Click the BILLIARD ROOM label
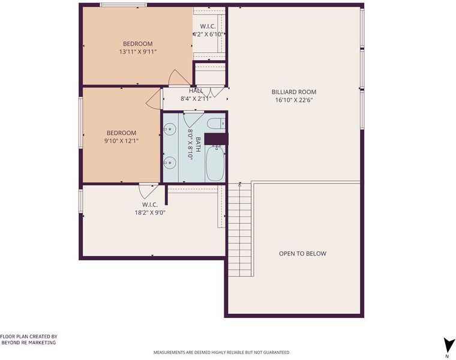tap(294, 92)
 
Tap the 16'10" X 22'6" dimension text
tap(294, 100)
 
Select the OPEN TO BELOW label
tap(302, 254)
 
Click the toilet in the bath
tap(217, 124)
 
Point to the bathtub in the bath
tap(215, 163)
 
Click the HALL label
tap(196, 91)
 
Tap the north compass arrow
tap(448, 346)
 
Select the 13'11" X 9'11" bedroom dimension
tap(138, 52)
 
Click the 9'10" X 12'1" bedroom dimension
tap(121, 141)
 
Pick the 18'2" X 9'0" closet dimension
tap(150, 212)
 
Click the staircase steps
tap(239, 230)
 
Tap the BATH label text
tap(198, 145)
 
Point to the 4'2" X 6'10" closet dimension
tap(209, 34)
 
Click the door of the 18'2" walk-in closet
tap(148, 192)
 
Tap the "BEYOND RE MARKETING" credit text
tap(29, 343)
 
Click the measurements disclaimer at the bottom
tap(221, 352)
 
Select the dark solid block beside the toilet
tap(217, 139)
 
